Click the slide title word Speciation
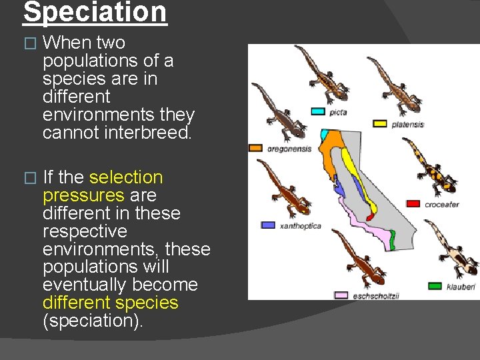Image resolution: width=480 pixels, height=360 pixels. (95, 12)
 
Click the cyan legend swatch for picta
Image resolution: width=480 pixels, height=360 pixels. (318, 111)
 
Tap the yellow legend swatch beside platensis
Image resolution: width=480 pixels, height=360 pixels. (380, 123)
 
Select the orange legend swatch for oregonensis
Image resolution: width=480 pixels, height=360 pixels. (255, 148)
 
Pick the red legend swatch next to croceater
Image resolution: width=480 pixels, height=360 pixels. (413, 203)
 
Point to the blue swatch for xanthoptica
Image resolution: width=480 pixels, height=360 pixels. (268, 225)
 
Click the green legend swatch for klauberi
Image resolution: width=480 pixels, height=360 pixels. (435, 286)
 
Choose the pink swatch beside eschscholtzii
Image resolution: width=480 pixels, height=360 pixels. (341, 295)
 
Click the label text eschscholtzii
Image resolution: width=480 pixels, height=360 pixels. (376, 295)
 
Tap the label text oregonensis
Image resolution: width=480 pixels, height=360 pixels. (289, 149)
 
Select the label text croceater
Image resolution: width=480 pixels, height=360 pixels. (441, 204)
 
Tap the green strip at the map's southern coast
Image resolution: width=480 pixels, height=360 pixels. (393, 240)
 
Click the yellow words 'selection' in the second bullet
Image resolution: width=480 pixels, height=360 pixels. (125, 177)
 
